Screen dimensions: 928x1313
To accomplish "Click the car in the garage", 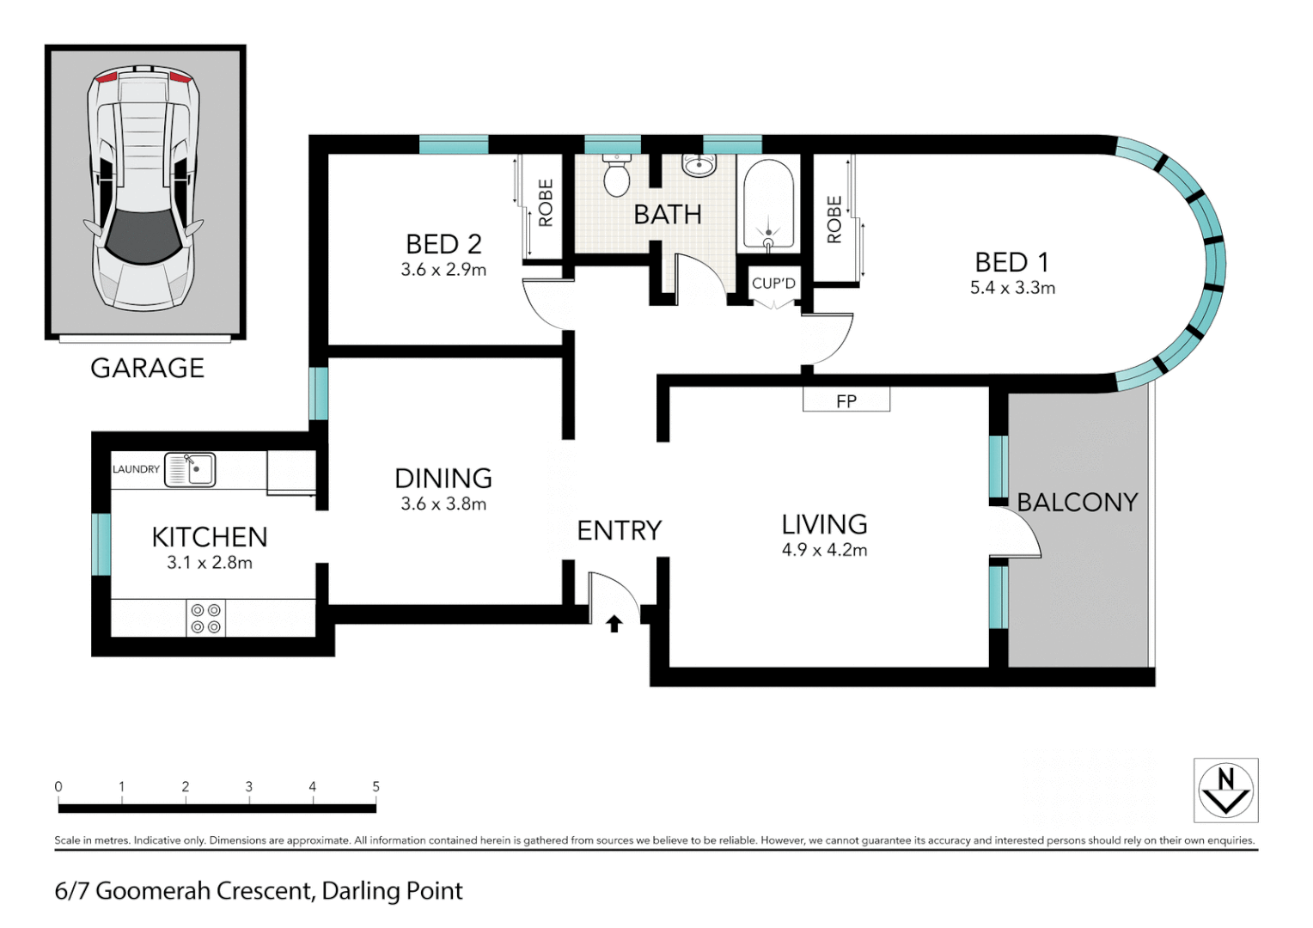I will point(144,189).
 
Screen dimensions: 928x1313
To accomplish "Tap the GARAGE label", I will point(147,369).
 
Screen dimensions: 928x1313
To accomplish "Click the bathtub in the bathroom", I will point(768,205).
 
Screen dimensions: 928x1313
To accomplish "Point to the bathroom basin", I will point(699,164).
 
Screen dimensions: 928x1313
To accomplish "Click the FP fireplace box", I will point(846,400).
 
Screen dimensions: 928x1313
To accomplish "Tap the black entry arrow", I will point(614,624).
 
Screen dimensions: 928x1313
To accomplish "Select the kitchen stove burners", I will point(205,619).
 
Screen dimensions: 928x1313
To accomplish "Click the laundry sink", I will point(190,470).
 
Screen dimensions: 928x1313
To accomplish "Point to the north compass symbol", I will point(1225,791).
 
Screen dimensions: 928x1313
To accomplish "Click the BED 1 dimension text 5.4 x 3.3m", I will point(1012,288).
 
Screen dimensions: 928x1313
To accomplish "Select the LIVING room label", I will point(824,524).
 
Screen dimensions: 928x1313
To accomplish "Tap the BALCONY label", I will point(1077,503).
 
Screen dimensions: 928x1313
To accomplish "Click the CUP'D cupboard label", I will point(773,284).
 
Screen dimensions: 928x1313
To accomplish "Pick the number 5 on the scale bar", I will point(376,786).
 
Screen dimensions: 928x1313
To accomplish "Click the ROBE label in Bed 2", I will point(545,204).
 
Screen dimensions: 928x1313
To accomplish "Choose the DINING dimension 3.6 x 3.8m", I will point(443,504).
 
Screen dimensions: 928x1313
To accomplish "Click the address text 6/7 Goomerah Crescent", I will point(258,891).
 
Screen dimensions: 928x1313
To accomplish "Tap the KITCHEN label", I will point(210,537).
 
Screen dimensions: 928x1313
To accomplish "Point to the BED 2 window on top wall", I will point(453,145).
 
